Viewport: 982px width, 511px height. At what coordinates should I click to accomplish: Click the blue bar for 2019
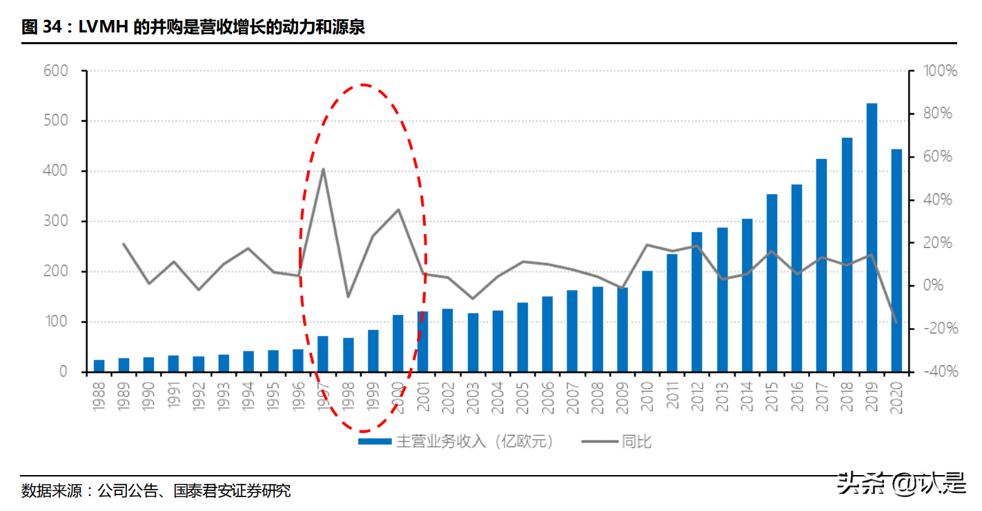(x=872, y=238)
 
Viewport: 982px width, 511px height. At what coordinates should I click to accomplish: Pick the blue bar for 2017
(x=821, y=265)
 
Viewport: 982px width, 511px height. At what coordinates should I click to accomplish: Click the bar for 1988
(x=99, y=366)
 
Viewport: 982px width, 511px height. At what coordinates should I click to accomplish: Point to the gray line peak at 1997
(x=323, y=169)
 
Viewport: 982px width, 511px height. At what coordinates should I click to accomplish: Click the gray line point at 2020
(x=896, y=322)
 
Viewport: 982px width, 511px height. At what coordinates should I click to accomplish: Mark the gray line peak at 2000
(x=398, y=209)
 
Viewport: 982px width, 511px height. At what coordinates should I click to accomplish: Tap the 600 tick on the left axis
(x=55, y=70)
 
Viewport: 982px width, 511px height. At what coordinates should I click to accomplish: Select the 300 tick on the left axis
(x=55, y=222)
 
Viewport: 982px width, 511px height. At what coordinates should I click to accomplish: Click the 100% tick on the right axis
(x=941, y=70)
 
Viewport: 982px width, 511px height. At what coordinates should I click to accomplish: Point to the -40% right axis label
(x=941, y=372)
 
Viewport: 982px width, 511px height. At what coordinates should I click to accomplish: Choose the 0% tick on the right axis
(x=935, y=286)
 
